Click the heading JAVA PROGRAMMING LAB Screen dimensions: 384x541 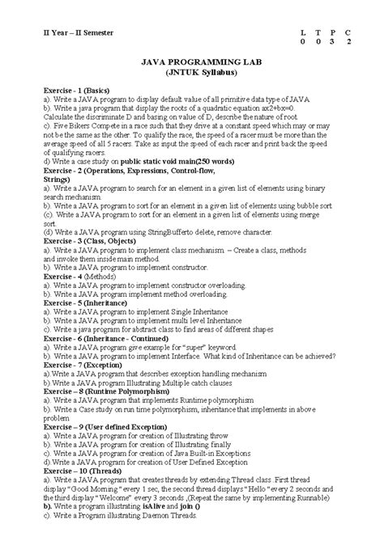tap(193, 61)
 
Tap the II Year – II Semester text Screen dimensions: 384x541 tap(67, 32)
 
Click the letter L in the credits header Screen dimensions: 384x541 tap(303, 32)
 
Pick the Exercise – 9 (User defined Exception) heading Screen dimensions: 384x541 tap(111, 428)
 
